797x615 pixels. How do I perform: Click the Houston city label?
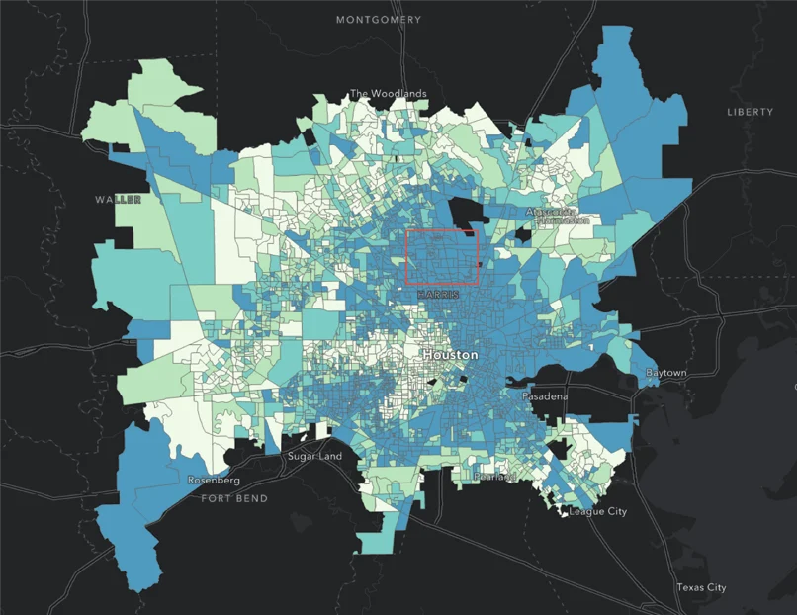click(x=450, y=354)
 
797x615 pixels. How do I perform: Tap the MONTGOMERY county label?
click(x=379, y=20)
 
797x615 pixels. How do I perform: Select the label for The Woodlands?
click(x=389, y=94)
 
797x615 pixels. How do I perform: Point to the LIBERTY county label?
click(x=750, y=112)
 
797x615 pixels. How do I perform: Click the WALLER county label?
click(x=118, y=199)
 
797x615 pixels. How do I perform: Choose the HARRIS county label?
click(x=439, y=295)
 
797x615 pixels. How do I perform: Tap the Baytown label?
click(x=665, y=373)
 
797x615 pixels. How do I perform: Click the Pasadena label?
click(x=545, y=396)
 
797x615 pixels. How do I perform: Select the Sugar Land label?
click(x=314, y=457)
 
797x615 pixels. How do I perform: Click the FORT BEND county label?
click(x=234, y=499)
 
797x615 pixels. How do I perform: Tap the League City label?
click(x=598, y=512)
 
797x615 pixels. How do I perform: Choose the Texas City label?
click(x=701, y=587)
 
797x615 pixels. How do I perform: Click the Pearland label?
click(x=495, y=477)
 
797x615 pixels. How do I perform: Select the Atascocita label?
click(x=552, y=212)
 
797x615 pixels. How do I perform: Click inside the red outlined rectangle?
click(x=442, y=257)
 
